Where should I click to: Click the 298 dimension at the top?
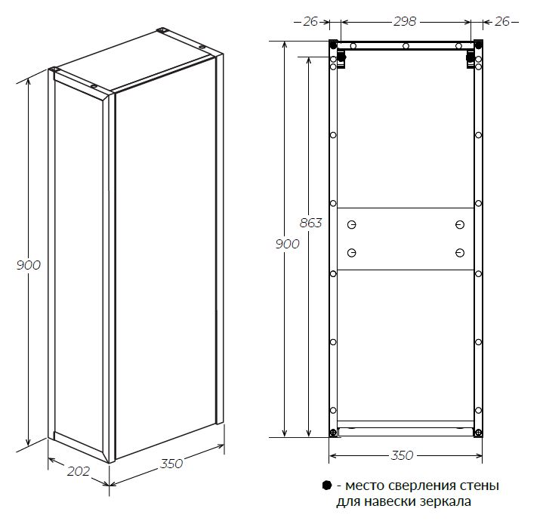(405, 21)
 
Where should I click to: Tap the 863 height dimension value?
(310, 223)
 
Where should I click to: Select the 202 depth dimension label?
(79, 471)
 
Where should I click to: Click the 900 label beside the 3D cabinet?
(29, 265)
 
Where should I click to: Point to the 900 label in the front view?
(287, 244)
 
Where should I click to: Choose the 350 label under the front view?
(402, 455)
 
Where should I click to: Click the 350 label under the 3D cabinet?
(171, 464)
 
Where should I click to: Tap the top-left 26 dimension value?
(310, 21)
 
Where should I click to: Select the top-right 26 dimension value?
(501, 21)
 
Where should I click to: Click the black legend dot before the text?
(327, 485)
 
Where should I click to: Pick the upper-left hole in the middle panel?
(351, 225)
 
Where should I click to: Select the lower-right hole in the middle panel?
(459, 253)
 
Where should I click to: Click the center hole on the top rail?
(406, 46)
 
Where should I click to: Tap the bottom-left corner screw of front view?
(333, 433)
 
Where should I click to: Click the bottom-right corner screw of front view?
(478, 433)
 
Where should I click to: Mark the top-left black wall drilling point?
(333, 45)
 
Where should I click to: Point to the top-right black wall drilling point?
(478, 45)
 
